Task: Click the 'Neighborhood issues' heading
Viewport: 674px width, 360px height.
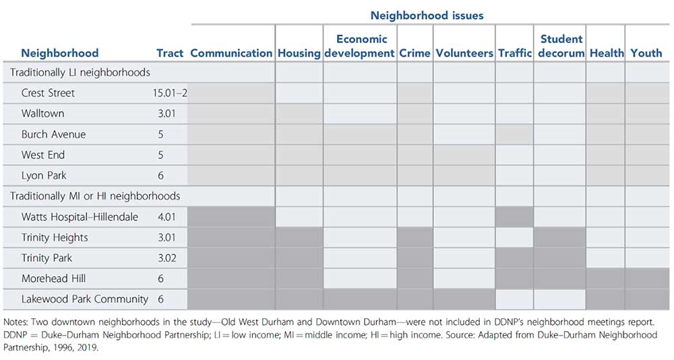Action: coord(427,14)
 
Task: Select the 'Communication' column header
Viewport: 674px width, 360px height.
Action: coord(231,53)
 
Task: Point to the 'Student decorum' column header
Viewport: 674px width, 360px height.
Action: coord(561,46)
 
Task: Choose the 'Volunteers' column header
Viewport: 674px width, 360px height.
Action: coord(464,53)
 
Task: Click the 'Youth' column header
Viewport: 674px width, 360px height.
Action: coord(646,53)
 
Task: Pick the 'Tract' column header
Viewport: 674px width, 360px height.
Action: coord(170,53)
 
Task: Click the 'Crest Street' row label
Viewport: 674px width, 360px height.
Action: coord(48,93)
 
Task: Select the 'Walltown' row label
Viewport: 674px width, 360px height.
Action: coord(42,113)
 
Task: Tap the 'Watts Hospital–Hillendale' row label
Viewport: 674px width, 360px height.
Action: coord(80,216)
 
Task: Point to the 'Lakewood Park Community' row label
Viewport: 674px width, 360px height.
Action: coord(84,299)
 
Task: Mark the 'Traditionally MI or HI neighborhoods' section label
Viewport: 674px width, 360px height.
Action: coord(94,196)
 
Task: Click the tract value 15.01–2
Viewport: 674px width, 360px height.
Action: coord(170,93)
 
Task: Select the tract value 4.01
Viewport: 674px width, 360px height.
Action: coord(166,216)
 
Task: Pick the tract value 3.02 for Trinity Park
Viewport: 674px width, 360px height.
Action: coord(166,258)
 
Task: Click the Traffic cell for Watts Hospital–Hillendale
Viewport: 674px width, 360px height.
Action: coord(515,216)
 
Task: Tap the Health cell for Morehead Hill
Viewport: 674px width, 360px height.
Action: coord(605,278)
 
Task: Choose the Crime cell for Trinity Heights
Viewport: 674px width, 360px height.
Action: coord(415,237)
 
